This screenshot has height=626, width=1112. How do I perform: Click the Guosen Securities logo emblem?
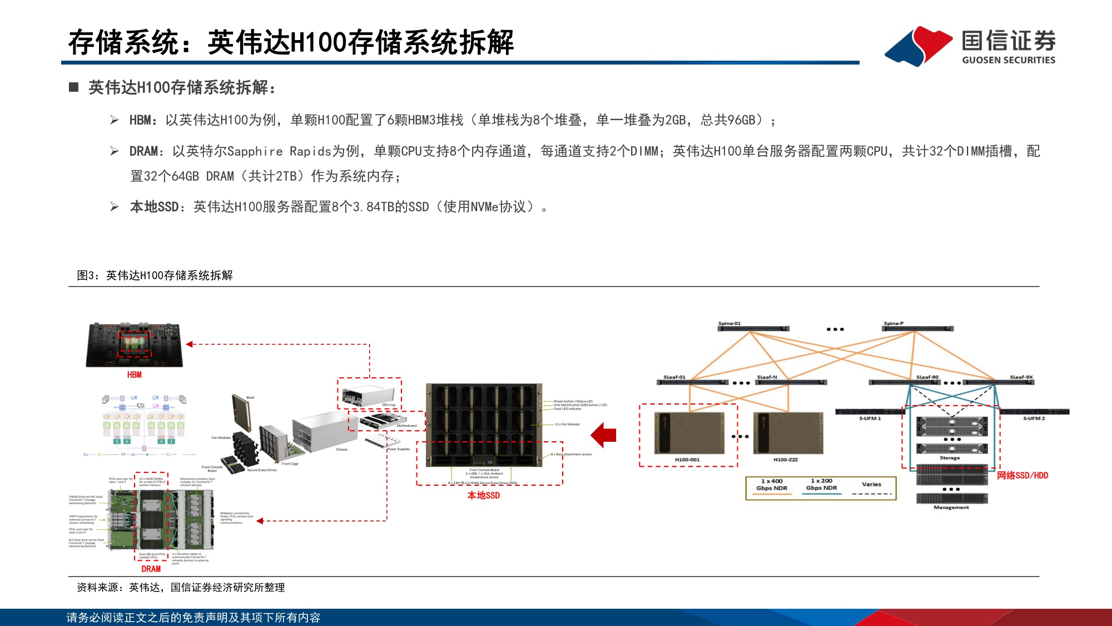pyautogui.click(x=919, y=46)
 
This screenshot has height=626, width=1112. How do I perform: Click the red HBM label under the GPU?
pyautogui.click(x=134, y=375)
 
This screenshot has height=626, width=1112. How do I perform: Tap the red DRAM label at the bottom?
pyautogui.click(x=151, y=569)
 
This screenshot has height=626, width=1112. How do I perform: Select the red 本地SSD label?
pyautogui.click(x=483, y=495)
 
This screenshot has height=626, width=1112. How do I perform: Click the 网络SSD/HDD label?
pyautogui.click(x=1022, y=475)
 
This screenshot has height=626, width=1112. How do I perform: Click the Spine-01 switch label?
pyautogui.click(x=729, y=323)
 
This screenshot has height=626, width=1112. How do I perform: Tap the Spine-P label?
pyautogui.click(x=893, y=323)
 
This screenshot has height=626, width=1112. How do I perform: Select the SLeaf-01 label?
pyautogui.click(x=674, y=377)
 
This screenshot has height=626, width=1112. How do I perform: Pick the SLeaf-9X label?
pyautogui.click(x=1021, y=377)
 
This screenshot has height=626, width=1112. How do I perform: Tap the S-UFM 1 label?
pyautogui.click(x=870, y=418)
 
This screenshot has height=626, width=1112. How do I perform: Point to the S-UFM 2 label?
pyautogui.click(x=1034, y=418)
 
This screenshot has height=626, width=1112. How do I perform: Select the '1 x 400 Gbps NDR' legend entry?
pyautogui.click(x=772, y=485)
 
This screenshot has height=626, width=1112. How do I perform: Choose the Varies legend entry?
pyautogui.click(x=871, y=484)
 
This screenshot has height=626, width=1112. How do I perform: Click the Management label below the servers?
pyautogui.click(x=951, y=507)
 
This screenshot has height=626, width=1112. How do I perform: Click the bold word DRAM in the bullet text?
pyautogui.click(x=143, y=151)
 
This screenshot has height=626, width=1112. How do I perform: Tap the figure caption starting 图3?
pyautogui.click(x=155, y=275)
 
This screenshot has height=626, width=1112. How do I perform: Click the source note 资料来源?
pyautogui.click(x=181, y=588)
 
